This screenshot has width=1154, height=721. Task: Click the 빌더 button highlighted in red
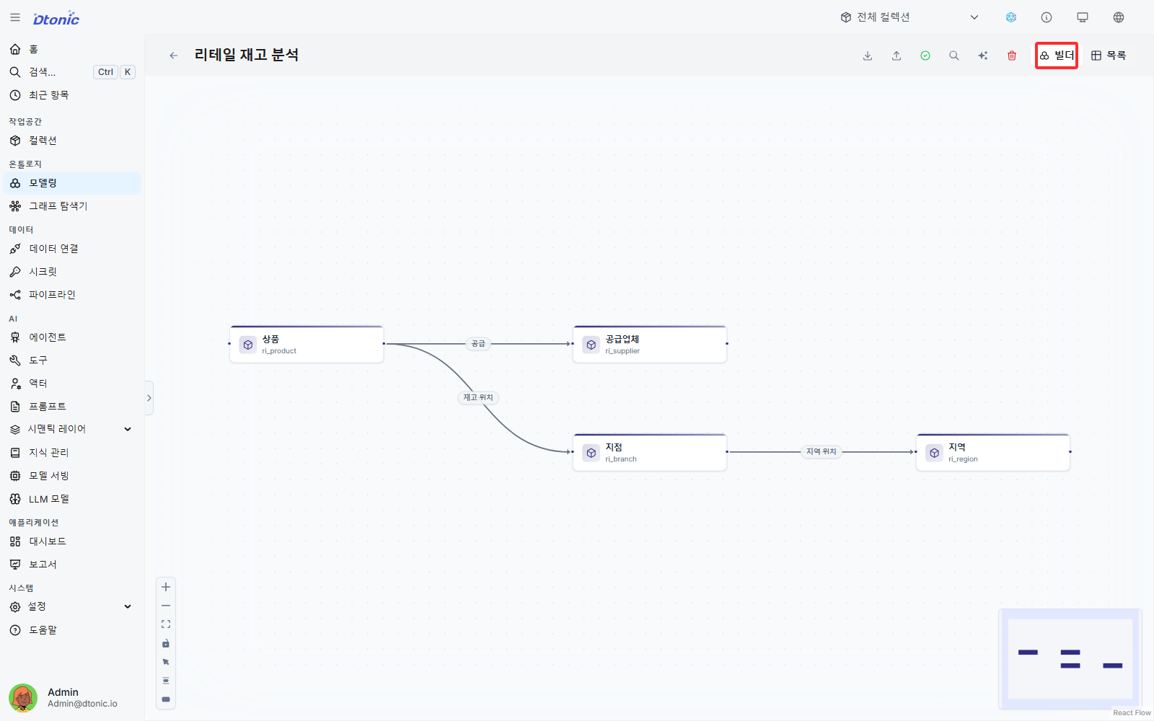[x=1057, y=56]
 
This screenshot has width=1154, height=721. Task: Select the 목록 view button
[x=1108, y=56]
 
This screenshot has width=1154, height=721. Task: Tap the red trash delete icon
[x=1012, y=56]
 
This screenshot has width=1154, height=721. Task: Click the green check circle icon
[x=925, y=56]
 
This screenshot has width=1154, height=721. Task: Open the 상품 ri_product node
[x=307, y=344]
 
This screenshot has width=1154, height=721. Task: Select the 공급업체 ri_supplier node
[x=650, y=344]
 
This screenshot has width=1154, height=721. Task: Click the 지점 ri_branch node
[x=650, y=452]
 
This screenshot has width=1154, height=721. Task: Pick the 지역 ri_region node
[x=992, y=452]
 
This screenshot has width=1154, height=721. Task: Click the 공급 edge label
[x=478, y=343]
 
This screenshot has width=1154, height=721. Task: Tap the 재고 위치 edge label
[x=478, y=397]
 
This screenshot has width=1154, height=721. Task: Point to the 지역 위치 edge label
[x=822, y=451]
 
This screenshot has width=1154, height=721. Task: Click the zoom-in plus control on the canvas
[x=166, y=587]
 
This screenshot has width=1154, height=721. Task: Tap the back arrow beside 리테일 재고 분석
[x=174, y=56]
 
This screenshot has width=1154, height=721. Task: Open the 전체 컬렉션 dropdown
[x=909, y=17]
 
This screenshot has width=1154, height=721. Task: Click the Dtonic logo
[x=56, y=18]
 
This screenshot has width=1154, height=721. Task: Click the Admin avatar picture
[x=23, y=697]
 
